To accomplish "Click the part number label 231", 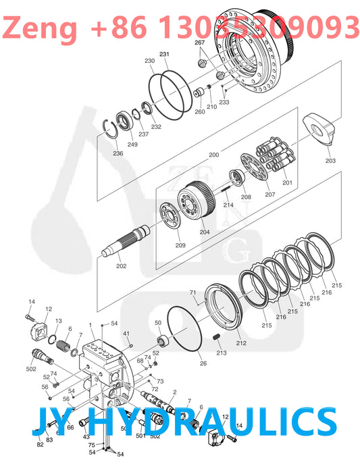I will [x=164, y=54].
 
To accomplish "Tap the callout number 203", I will [x=330, y=161].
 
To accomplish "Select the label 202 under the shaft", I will [x=121, y=266].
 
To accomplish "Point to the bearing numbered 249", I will [x=126, y=123].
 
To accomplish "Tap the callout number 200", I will [x=213, y=155].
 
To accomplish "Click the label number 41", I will [x=126, y=334].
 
